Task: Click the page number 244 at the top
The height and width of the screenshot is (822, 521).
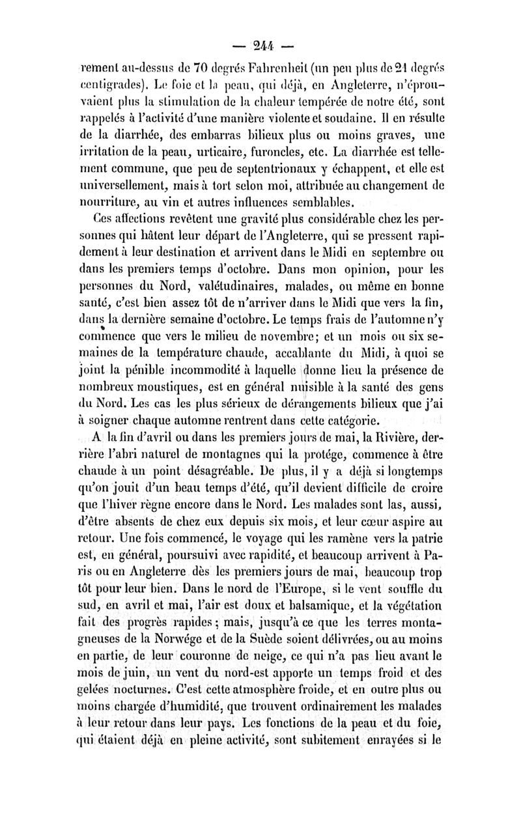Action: point(260,47)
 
